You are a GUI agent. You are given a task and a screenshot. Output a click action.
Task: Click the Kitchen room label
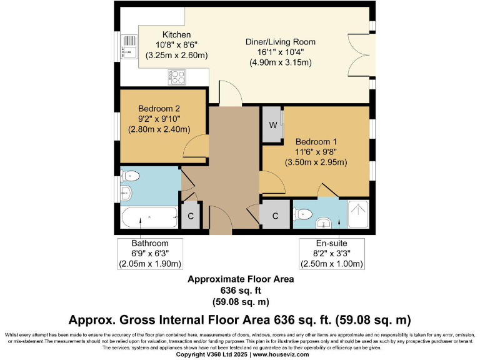point(177,34)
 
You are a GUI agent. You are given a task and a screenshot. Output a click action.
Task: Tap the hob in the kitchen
point(177,77)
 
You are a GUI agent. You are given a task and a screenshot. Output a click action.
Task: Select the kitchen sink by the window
point(129,46)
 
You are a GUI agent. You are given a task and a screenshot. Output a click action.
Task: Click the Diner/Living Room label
point(281,42)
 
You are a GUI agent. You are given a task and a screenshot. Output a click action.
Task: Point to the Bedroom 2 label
point(159,109)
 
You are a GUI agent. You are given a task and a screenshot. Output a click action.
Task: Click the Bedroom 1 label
point(316,142)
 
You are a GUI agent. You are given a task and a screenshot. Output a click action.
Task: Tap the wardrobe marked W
point(272,124)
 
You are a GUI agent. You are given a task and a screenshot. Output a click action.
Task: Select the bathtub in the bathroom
point(149,217)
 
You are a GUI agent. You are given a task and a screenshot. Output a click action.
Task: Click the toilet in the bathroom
point(130,176)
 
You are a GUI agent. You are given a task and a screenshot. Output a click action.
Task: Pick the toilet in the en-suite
point(302,214)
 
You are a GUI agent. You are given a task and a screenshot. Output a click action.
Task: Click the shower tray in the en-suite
point(359,214)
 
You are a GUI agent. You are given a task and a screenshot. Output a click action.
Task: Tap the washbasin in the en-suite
point(324,223)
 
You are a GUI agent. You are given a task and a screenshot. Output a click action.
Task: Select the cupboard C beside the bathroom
point(191,216)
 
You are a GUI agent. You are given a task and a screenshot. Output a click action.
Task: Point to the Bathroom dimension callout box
point(150,254)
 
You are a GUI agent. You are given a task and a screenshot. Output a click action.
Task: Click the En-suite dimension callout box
point(332,254)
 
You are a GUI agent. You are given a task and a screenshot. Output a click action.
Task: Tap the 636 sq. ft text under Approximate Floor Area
point(241,290)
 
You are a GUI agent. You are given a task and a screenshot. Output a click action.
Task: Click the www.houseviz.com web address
point(281,354)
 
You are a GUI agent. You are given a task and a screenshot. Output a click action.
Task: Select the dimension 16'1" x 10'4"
point(281,52)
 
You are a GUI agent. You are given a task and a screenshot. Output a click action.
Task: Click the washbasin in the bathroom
point(126,193)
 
